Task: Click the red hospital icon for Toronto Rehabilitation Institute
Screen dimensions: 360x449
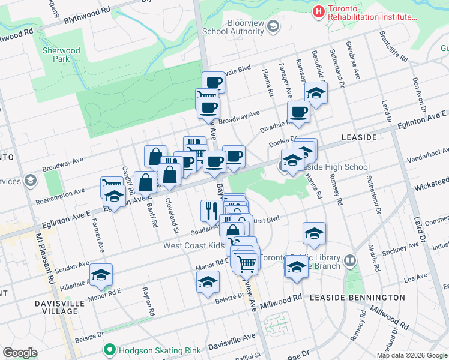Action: tap(318, 11)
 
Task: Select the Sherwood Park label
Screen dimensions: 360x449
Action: tap(61, 55)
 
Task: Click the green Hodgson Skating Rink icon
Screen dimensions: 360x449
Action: tap(109, 349)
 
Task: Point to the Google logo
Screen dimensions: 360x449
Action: tap(20, 353)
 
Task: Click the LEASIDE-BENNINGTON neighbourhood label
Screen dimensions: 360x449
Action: tap(357, 298)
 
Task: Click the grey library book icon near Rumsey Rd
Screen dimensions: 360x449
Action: tap(350, 261)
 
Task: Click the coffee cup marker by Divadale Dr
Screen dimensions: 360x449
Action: tap(298, 111)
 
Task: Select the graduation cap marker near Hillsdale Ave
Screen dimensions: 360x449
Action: tap(102, 274)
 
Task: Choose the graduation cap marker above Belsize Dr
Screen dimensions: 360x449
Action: tap(208, 281)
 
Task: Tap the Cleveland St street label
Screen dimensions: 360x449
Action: tap(172, 215)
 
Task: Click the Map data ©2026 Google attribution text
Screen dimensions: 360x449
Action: tap(411, 355)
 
